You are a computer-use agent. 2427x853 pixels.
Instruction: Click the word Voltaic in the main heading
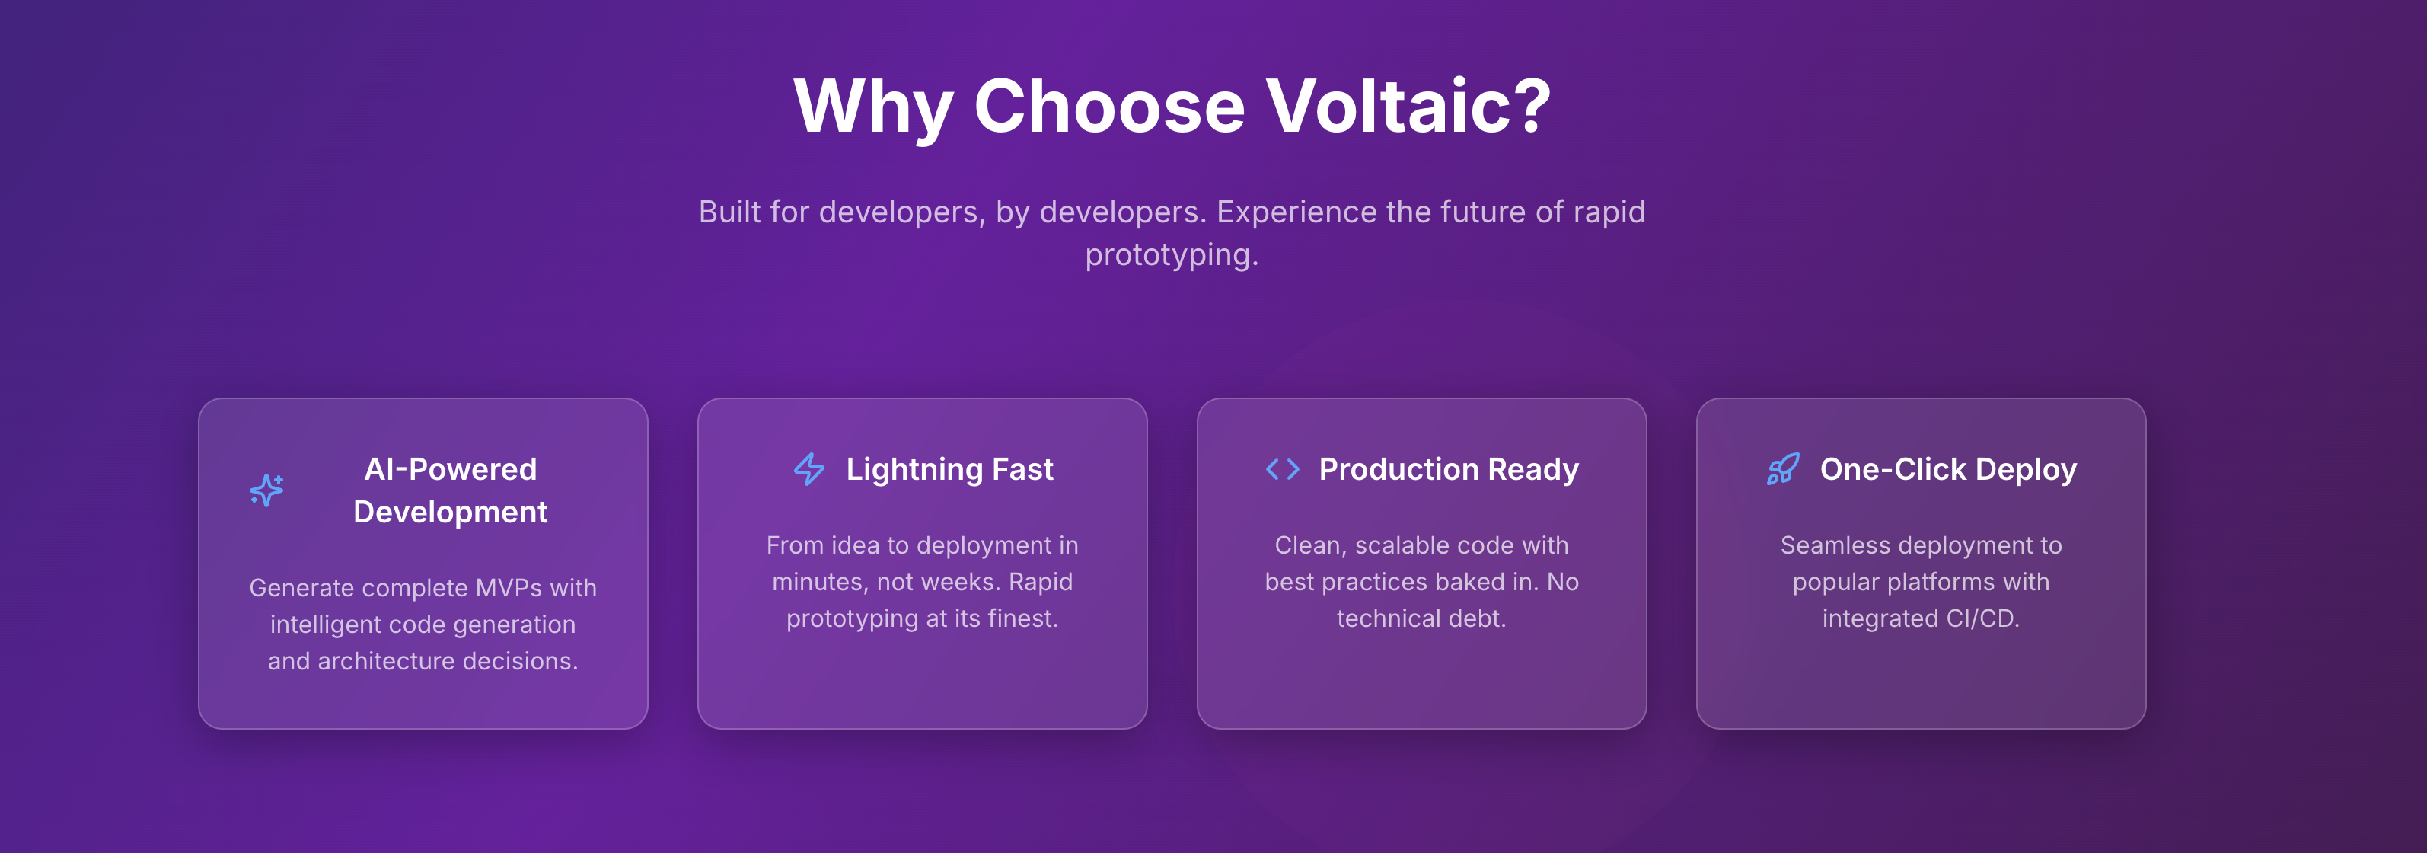pyautogui.click(x=1408, y=106)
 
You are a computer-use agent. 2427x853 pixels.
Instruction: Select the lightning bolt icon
pyautogui.click(x=809, y=468)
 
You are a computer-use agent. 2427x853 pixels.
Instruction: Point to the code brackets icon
pyautogui.click(x=1282, y=468)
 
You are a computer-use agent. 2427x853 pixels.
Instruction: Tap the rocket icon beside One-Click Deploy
pyautogui.click(x=1782, y=468)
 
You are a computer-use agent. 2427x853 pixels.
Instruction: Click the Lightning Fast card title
pyautogui.click(x=949, y=469)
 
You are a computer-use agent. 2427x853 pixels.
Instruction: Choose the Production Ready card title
pyautogui.click(x=1448, y=469)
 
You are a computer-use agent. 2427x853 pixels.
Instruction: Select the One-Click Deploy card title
pyautogui.click(x=1948, y=469)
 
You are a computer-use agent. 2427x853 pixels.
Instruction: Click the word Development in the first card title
pyautogui.click(x=451, y=512)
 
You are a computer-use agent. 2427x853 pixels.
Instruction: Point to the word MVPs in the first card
pyautogui.click(x=509, y=588)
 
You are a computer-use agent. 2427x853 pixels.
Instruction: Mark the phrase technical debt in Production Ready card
pyautogui.click(x=1422, y=618)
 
